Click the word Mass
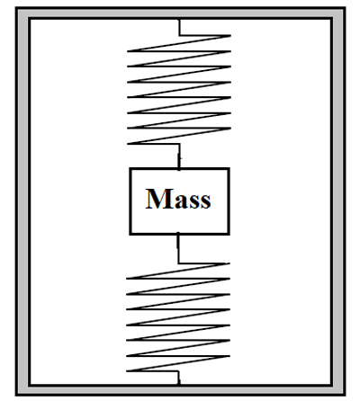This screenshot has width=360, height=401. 179,199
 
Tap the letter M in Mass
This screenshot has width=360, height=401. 158,199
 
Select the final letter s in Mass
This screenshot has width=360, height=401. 205,200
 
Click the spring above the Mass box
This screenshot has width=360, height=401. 179,90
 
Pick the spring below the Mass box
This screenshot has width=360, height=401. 178,319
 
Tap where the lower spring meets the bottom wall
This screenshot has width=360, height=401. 178,383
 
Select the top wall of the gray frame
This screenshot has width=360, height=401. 180,13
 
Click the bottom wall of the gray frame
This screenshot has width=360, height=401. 180,389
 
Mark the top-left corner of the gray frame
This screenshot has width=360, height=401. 22,13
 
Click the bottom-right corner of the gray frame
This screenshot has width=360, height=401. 338,389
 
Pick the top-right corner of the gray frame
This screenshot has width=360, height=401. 338,13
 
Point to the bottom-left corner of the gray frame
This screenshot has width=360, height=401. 22,389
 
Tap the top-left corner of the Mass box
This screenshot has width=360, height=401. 130,169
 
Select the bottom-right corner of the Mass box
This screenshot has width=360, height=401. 229,234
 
